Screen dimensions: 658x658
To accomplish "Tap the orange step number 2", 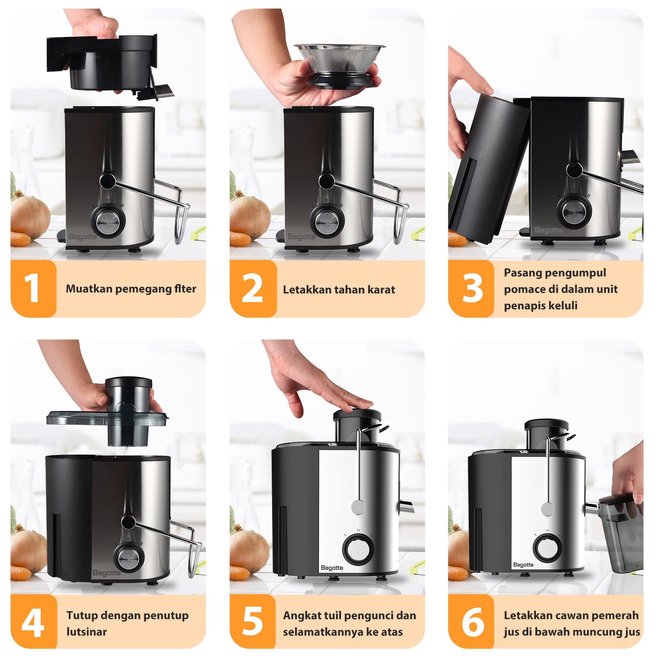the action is (252, 289).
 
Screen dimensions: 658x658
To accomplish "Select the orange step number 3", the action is (473, 289).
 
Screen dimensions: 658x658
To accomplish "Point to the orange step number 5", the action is (252, 621).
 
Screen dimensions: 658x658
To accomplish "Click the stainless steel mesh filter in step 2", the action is (339, 59).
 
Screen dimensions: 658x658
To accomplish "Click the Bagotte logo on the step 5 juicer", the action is (332, 568).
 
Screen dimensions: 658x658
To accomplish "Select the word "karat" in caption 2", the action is (381, 290).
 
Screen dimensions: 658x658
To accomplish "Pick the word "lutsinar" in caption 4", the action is (87, 632).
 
